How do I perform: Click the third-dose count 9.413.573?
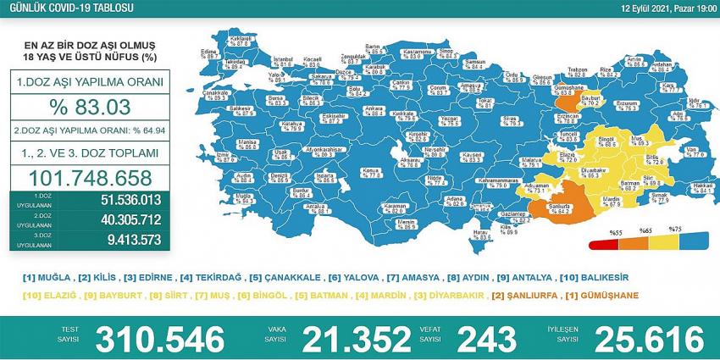tap(128, 240)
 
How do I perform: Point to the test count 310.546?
tap(161, 340)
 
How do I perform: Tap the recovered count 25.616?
tap(650, 340)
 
